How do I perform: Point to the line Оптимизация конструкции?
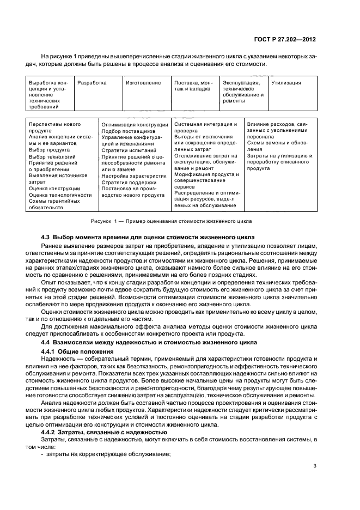pyautogui.click(x=135, y=125)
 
